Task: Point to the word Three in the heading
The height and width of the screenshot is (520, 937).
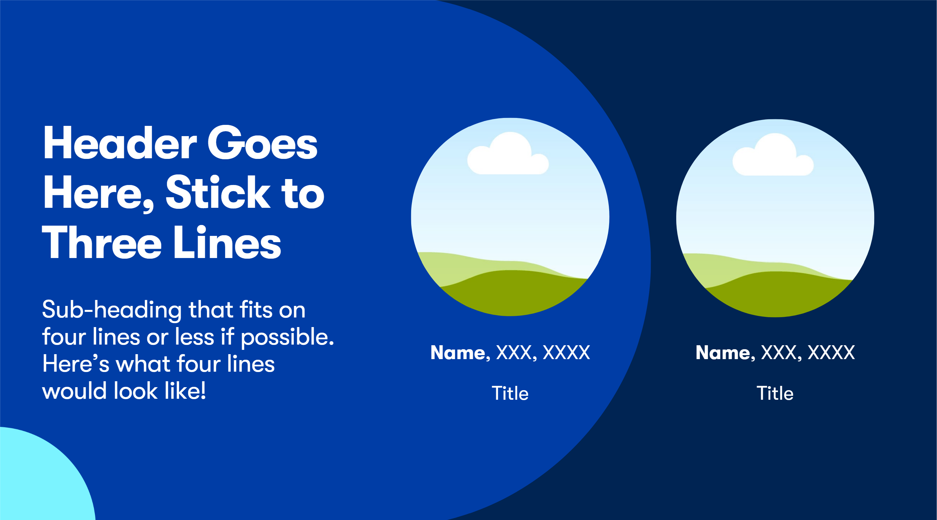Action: (x=101, y=241)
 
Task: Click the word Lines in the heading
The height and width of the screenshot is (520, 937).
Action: (x=227, y=241)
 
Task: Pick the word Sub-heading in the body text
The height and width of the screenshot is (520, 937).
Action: (x=112, y=310)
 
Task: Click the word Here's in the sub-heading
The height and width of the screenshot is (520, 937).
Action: (x=76, y=364)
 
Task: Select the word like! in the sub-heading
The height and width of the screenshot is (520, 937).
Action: (x=185, y=391)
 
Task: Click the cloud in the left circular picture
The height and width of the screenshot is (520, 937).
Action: (x=508, y=154)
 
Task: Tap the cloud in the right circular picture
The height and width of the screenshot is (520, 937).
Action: (x=773, y=155)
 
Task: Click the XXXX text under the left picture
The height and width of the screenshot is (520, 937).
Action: (x=566, y=353)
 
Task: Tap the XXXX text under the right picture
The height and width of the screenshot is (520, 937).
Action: (x=831, y=353)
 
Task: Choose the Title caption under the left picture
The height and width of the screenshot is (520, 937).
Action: (x=510, y=393)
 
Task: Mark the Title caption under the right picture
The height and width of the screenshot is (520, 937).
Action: (x=775, y=393)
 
